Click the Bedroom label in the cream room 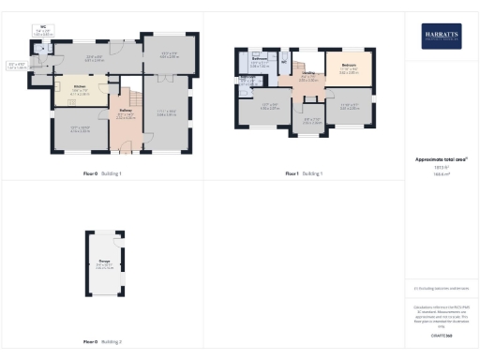click(349, 66)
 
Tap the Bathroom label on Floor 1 click(261, 59)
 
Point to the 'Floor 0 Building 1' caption click(101, 173)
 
